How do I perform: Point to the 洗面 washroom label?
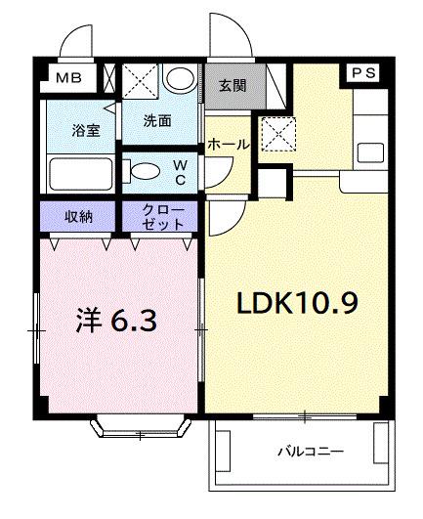pos(156,122)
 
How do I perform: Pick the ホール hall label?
pos(228,144)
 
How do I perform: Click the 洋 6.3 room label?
pos(115,320)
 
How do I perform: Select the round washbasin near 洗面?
pos(178,79)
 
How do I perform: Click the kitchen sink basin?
pos(369,151)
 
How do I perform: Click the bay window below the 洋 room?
pos(141,425)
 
